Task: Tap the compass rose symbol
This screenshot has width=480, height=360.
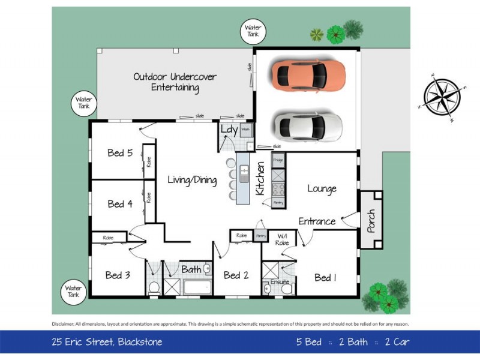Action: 444,96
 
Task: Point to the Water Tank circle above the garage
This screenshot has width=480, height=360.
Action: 253,31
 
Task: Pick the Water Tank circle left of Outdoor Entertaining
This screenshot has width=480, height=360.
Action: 83,103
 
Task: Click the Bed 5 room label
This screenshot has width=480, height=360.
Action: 120,153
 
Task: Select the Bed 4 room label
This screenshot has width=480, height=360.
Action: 120,204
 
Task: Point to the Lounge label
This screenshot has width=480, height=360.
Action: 322,188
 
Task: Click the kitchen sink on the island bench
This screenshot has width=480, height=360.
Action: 244,174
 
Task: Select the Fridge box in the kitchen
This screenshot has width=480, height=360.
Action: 278,161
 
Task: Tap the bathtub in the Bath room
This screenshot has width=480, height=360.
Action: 198,286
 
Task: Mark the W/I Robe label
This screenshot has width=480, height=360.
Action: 282,239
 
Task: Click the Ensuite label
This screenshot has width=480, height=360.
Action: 280,281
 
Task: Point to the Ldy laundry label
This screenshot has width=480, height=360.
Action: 229,129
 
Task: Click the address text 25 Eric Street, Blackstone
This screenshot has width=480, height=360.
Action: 106,342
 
